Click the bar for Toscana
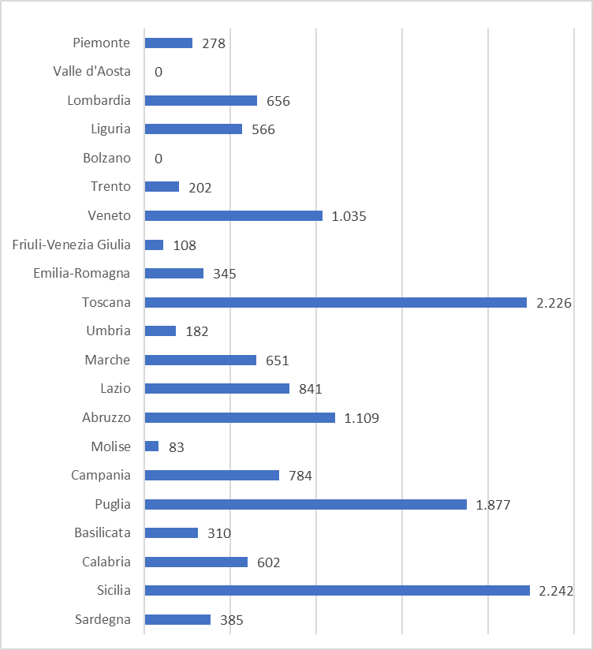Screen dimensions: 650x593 coord(335,302)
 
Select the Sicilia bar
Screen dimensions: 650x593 coord(337,590)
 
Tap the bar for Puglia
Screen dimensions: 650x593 coord(305,504)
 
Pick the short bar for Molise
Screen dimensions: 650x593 coord(151,446)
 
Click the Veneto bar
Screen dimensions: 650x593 coord(233,215)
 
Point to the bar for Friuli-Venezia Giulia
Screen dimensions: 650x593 coord(154,245)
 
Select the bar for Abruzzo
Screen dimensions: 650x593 coord(240,417)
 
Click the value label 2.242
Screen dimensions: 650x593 coord(556,591)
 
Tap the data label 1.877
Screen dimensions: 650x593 coord(494,505)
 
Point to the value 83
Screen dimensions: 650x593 coord(177,447)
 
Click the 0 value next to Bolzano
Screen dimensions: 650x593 coord(159,159)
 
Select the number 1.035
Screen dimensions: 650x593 coord(349,216)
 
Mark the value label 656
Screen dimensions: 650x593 coord(278,101)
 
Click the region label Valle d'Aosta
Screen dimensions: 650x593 coord(91,72)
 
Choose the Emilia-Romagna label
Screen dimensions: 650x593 coord(82,274)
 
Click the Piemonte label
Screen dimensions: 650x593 coord(102,43)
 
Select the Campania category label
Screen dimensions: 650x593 coord(101,475)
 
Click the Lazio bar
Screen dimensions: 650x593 coord(217,388)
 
